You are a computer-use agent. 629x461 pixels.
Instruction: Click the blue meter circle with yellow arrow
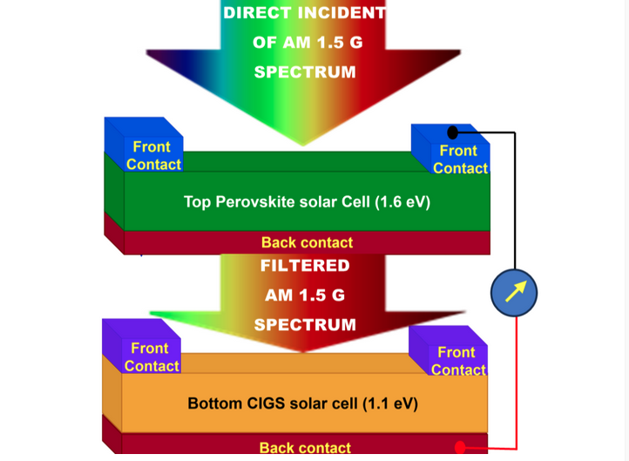514,293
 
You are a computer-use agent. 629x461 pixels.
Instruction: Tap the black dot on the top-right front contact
452,132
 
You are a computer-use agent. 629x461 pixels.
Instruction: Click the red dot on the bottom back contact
460,447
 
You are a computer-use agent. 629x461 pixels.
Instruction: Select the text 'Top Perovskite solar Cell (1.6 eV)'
307,202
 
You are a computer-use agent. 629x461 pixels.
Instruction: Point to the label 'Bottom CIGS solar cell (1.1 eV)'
303,403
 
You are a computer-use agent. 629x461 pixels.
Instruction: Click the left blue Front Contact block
144,145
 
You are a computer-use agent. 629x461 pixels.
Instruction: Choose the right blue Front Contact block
450,149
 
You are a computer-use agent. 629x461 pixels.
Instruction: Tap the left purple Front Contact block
142,346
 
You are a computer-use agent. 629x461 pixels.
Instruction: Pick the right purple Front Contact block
449,350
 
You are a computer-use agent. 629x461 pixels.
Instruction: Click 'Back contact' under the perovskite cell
307,242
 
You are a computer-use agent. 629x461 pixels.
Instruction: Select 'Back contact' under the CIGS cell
305,447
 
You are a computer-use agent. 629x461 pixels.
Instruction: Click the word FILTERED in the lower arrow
305,266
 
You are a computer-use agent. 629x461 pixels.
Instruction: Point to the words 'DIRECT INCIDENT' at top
304,13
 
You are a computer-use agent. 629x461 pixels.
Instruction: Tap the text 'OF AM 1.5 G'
308,43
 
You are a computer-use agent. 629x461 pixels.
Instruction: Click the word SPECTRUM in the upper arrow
305,72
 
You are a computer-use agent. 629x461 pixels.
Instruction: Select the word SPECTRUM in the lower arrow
305,324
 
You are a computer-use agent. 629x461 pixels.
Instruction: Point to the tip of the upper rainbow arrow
303,146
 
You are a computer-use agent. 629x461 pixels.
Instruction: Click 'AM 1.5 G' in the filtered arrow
305,295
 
